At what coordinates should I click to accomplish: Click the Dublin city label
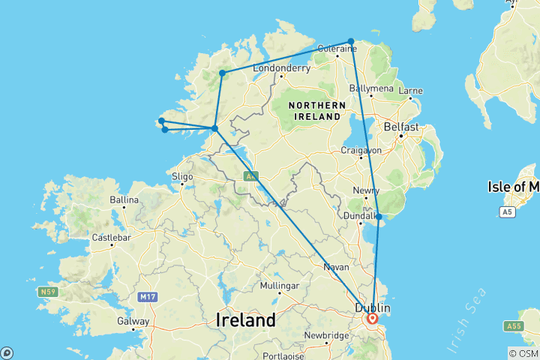(x=373, y=307)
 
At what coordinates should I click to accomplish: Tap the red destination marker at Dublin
(x=373, y=319)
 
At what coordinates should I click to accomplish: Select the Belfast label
(x=400, y=127)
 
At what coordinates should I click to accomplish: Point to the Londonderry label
(x=281, y=67)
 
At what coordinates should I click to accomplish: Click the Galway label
(x=133, y=321)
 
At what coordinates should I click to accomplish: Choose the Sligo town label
(x=182, y=176)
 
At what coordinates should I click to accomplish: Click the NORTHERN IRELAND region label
(x=317, y=110)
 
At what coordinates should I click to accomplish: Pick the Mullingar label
(x=279, y=286)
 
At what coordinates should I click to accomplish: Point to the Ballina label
(x=124, y=200)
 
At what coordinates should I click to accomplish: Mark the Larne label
(x=412, y=91)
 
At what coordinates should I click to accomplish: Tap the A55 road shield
(x=514, y=326)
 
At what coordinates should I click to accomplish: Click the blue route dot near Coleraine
(x=351, y=41)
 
